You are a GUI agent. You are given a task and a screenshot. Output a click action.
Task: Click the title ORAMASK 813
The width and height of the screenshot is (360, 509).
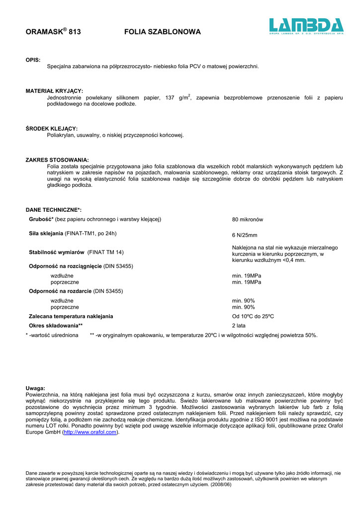pyautogui.click(x=53, y=32)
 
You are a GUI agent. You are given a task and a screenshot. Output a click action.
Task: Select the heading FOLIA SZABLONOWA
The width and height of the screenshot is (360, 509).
pyautogui.click(x=163, y=32)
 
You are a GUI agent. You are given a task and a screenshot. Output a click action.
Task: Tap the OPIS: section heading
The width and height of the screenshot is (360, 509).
pyautogui.click(x=33, y=60)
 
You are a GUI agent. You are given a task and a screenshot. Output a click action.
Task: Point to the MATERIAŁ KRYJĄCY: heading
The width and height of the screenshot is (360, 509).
pyautogui.click(x=54, y=91)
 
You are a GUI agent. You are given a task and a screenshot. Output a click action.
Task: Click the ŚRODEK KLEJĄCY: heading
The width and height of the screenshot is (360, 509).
pyautogui.click(x=52, y=129)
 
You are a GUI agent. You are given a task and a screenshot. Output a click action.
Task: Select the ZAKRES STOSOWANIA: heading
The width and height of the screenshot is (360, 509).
pyautogui.click(x=57, y=160)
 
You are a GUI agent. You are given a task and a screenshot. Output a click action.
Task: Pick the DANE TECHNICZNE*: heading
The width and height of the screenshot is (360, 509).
pyautogui.click(x=53, y=210)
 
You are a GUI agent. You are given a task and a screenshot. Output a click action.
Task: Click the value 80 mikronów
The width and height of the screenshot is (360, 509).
pyautogui.click(x=247, y=219)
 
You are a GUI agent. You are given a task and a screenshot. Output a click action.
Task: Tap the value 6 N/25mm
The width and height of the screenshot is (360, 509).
pyautogui.click(x=245, y=235)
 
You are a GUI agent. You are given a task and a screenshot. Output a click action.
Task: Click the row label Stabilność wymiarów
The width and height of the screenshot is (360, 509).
pyautogui.click(x=57, y=253)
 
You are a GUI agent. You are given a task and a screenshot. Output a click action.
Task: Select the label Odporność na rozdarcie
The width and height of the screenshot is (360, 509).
pyautogui.click(x=60, y=291)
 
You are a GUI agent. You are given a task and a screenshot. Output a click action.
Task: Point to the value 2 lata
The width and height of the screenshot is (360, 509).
pyautogui.click(x=239, y=326)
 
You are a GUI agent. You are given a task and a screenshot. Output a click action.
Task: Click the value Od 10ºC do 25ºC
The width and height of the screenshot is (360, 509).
pyautogui.click(x=253, y=316)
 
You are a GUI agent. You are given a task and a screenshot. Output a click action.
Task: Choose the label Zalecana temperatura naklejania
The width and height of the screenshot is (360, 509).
pyautogui.click(x=71, y=316)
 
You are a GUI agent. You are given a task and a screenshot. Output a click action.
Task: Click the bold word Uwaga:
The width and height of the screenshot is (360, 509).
pyautogui.click(x=35, y=388)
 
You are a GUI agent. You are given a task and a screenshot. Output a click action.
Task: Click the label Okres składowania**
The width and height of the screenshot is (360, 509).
pyautogui.click(x=56, y=326)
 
